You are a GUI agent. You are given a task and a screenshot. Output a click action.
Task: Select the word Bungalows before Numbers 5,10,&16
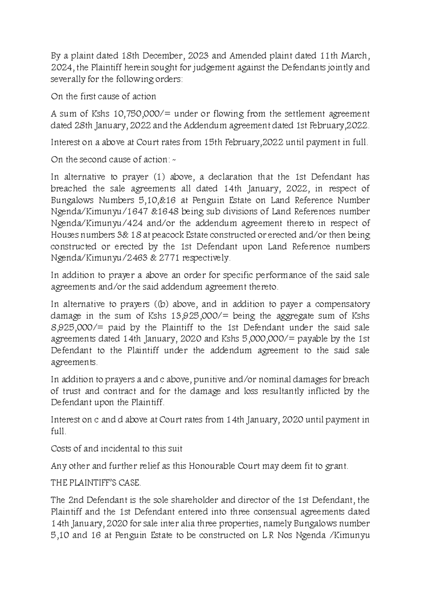(x=72, y=200)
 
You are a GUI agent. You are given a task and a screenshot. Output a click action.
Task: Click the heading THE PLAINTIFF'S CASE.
(x=96, y=483)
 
